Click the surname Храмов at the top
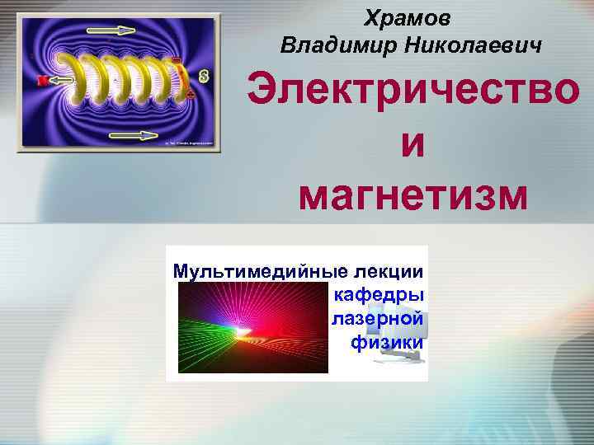412,16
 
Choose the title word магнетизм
412,194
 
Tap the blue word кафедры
379,294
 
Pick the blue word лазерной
377,318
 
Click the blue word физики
387,341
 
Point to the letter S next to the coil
202,77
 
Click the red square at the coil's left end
41,80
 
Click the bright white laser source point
243,332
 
